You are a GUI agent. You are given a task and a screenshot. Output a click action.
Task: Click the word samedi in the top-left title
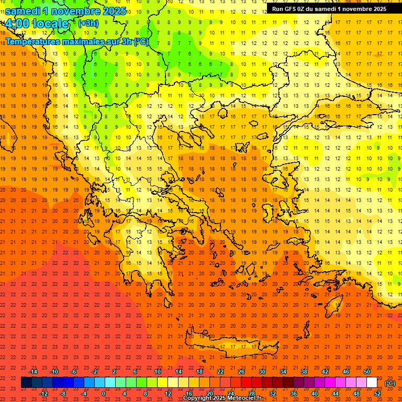coord(24,11)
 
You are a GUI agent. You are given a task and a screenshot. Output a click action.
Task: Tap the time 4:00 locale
coord(37,24)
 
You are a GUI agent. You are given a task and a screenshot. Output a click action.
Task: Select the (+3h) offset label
coord(87,23)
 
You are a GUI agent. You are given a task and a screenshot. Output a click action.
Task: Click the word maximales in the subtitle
coord(86,41)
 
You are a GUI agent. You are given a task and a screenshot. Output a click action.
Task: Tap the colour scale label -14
coord(33,372)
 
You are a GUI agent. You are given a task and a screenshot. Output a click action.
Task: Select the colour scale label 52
coord(377,393)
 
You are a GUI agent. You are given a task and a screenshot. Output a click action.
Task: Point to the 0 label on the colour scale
coord(104,393)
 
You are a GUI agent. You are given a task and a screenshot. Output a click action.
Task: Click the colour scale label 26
coord(241,372)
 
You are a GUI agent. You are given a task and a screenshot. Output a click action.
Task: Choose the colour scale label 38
coord(304,372)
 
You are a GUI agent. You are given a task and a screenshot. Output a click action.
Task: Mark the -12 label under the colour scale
coord(43,393)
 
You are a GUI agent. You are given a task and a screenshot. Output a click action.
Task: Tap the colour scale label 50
coord(366,372)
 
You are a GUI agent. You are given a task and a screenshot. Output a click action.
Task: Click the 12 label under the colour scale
coord(168,393)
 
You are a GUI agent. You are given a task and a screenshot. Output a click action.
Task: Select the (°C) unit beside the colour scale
coord(390,383)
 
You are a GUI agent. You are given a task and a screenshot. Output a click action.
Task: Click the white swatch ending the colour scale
coord(372,383)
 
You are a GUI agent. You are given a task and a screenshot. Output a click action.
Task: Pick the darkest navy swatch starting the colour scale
coord(26,383)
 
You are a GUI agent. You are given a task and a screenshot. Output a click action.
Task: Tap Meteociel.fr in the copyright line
coord(244,398)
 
